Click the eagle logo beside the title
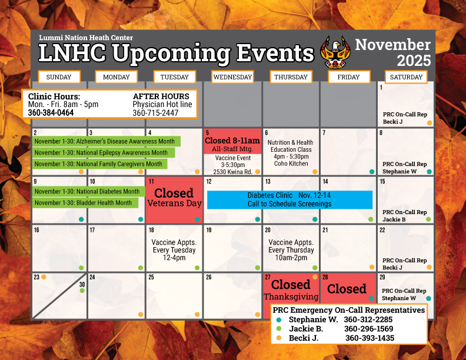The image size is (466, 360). [334, 52]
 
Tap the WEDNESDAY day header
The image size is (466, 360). [232, 77]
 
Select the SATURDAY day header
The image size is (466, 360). [406, 77]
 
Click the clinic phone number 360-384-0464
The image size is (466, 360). [51, 112]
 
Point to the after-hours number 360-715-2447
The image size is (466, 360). [155, 112]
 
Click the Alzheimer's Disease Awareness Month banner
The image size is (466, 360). [106, 141]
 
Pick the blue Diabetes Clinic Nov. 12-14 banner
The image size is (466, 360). [289, 199]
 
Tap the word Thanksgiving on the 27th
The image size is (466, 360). [291, 297]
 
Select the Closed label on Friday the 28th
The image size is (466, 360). [347, 289]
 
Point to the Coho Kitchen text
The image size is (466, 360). [291, 164]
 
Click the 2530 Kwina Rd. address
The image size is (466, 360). [233, 171]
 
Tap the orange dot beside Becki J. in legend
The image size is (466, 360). [278, 338]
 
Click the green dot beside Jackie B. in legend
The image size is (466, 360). [278, 329]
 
